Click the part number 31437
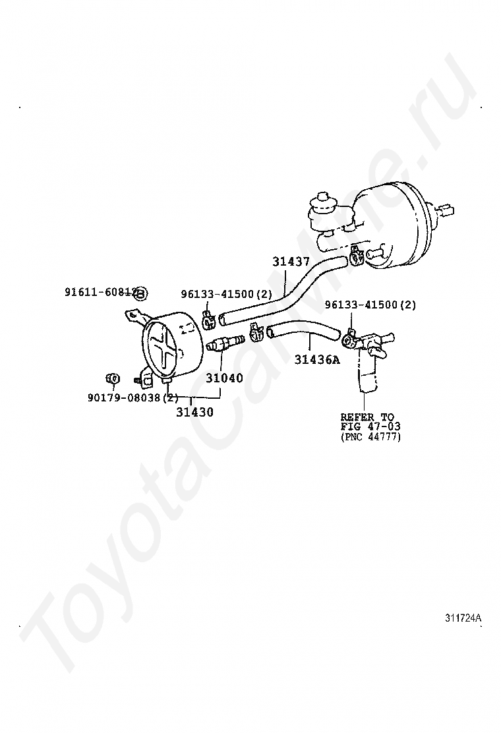[x=291, y=262]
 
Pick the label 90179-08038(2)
[x=133, y=397]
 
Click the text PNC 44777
[x=370, y=436]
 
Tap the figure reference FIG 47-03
[x=367, y=426]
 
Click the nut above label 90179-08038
[x=112, y=378]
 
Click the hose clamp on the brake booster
[x=356, y=254]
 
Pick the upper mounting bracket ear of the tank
[x=135, y=318]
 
